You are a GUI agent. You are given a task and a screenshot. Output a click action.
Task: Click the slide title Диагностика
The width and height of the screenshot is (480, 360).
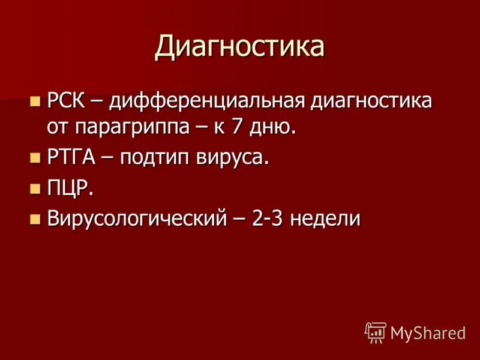[x=239, y=46]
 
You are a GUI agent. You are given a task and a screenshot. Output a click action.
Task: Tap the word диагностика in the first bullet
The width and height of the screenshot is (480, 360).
[x=371, y=100]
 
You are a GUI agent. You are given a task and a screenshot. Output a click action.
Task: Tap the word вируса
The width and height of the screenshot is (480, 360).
[x=230, y=158]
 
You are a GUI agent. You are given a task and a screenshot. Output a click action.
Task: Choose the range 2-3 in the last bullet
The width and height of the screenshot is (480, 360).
[x=267, y=218]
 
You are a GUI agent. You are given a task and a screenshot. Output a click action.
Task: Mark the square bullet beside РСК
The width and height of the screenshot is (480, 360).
[x=34, y=100]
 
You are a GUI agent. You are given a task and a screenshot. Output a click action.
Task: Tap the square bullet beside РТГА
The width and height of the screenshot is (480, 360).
[x=34, y=158]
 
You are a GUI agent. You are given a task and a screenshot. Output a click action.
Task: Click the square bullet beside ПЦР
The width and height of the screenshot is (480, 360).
[x=34, y=188]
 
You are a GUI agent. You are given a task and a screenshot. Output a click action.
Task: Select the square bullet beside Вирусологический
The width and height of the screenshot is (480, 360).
[x=34, y=219]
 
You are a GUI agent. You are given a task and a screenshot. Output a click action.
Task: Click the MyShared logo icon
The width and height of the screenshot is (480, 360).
[x=375, y=332]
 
